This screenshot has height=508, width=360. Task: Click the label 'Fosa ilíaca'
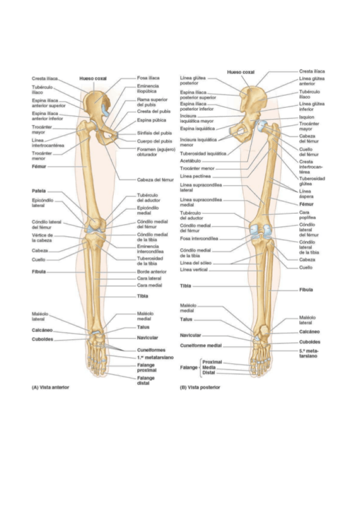(x=148, y=78)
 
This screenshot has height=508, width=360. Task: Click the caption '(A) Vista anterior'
(x=50, y=387)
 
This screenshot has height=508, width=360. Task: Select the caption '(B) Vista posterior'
(x=200, y=387)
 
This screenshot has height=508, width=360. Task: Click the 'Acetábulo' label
(x=190, y=161)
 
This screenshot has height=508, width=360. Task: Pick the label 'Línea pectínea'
(x=194, y=177)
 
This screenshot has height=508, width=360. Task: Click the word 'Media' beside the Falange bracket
(x=209, y=367)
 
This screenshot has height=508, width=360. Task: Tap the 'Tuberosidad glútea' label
(x=312, y=182)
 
